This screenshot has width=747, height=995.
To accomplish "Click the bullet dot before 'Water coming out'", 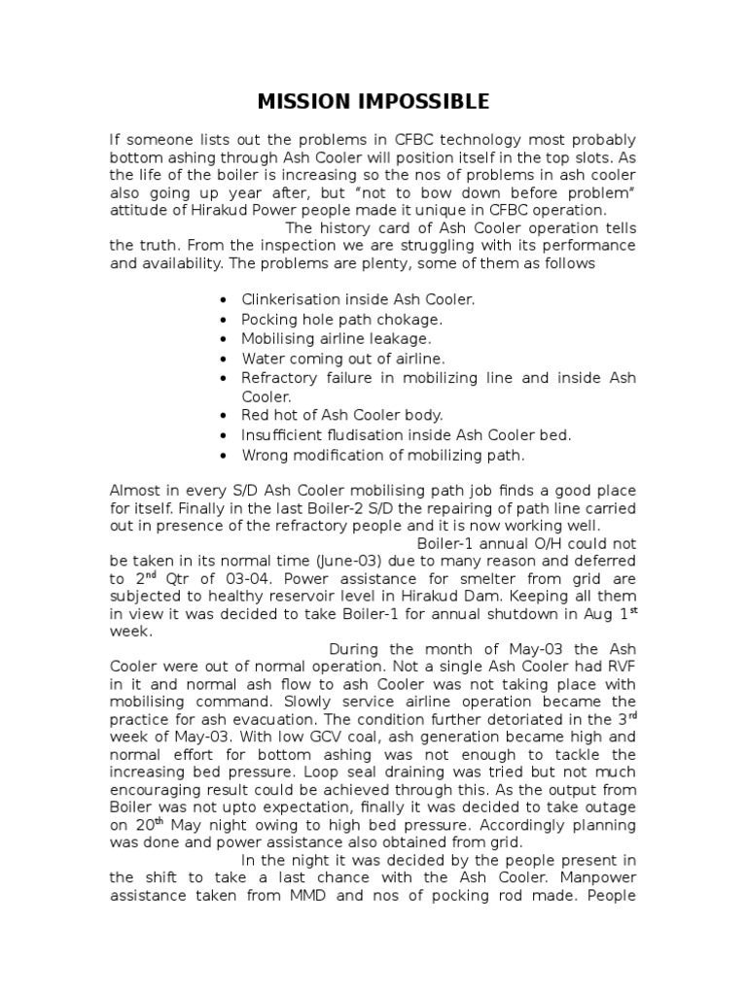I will point(225,359).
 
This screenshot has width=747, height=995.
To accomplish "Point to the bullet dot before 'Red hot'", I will point(225,416).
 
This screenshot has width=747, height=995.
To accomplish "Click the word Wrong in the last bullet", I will point(263,455).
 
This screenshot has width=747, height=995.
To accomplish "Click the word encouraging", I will point(159,795).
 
